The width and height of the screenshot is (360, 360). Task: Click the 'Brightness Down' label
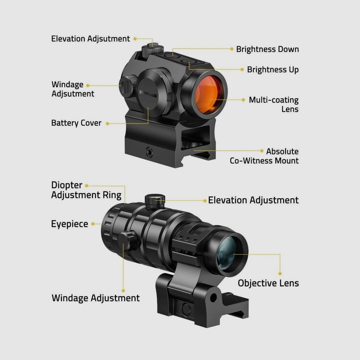(267, 49)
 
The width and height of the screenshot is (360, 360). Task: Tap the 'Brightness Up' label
(273, 70)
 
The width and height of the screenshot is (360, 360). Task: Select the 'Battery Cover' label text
(76, 123)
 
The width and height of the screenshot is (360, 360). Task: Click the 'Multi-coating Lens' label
(274, 104)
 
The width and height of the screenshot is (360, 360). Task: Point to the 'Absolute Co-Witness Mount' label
(264, 156)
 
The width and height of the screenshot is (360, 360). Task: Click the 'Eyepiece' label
(70, 224)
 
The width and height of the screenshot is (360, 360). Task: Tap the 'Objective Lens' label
(268, 283)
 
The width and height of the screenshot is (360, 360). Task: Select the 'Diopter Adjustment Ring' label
(86, 190)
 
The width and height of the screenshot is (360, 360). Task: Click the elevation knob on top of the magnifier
(155, 201)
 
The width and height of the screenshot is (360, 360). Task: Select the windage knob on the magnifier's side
(128, 241)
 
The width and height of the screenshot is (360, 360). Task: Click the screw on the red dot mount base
(150, 152)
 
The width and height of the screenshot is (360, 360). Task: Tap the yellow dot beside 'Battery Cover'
(107, 123)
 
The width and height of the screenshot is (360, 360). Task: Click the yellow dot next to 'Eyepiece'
(93, 224)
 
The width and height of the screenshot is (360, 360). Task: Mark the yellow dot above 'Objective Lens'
(280, 274)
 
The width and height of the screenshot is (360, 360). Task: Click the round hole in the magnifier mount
(213, 298)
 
